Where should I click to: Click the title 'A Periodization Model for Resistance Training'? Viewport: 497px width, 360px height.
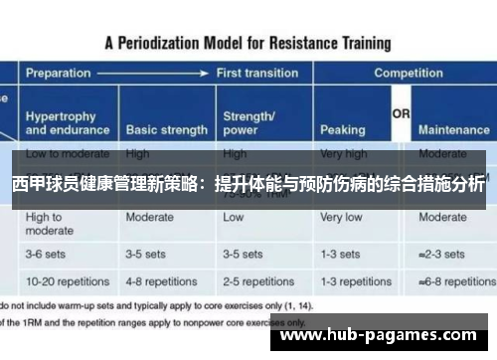248,43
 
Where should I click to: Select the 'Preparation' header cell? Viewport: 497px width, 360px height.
59,74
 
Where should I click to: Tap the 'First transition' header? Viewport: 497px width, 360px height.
257,74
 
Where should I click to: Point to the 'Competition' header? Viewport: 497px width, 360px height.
408,74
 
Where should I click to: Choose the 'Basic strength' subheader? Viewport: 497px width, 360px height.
166,129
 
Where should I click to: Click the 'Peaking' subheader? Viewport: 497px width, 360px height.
342,129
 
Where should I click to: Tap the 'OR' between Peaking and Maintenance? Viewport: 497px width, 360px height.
401,115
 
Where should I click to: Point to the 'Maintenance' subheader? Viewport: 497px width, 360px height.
453,129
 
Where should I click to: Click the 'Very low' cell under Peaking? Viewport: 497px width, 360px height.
341,217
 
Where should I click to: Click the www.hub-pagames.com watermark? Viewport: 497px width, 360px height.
383,336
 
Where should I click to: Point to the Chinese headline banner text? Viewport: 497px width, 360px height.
248,185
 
